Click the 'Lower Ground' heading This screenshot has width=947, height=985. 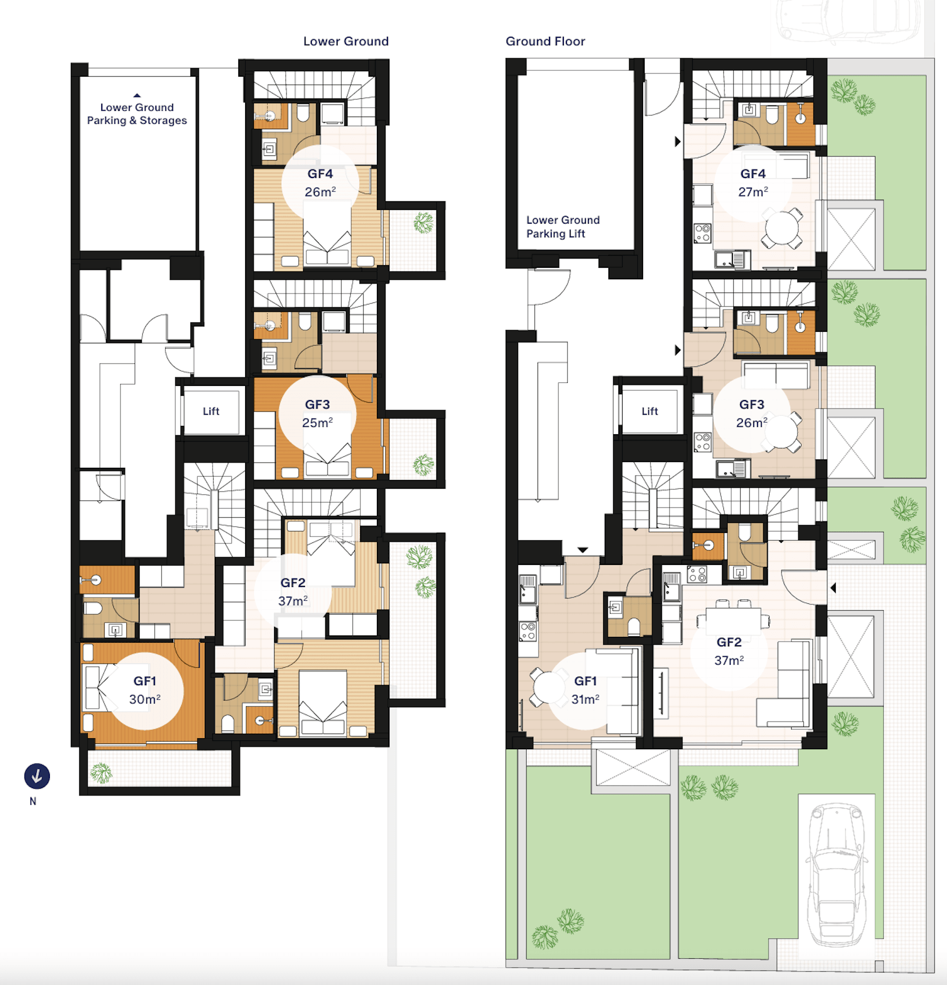(346, 41)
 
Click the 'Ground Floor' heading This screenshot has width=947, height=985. (545, 41)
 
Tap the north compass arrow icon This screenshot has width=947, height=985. (37, 776)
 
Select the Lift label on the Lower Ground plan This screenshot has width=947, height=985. (211, 411)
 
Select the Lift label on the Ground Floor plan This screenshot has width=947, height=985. (649, 411)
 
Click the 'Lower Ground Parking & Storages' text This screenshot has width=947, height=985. (137, 113)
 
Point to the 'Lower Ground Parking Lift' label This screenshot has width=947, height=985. (563, 226)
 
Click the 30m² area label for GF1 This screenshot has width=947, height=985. (145, 699)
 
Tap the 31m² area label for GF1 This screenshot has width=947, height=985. (585, 699)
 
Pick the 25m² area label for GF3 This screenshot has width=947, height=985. (318, 422)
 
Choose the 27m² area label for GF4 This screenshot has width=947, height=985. (753, 192)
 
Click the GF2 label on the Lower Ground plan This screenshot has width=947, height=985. (293, 582)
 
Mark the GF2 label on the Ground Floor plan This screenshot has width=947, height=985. (729, 642)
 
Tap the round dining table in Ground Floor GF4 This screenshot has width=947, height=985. (782, 228)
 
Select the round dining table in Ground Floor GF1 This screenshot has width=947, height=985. (549, 687)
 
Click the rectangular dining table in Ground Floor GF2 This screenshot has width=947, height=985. (733, 621)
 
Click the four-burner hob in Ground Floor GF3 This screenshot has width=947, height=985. (703, 442)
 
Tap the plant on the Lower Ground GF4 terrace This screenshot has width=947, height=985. (423, 223)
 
